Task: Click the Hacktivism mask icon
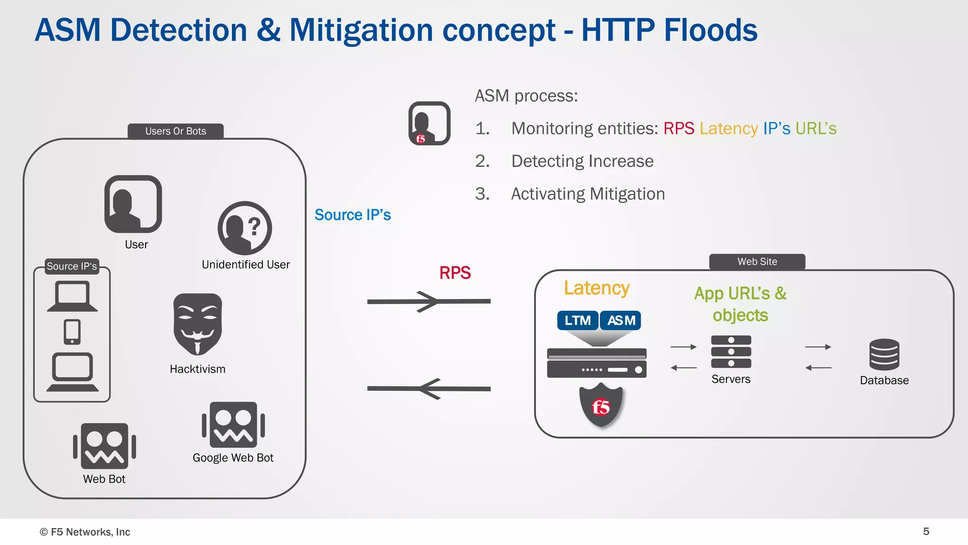point(198,324)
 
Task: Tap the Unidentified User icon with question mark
point(245,228)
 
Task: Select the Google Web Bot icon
point(233,425)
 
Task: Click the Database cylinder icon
point(884,354)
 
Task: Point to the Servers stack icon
point(731,352)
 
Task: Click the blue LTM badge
point(578,320)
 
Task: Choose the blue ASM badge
point(621,320)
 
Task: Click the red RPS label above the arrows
point(455,273)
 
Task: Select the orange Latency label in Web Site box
point(596,288)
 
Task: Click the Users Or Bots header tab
point(175,131)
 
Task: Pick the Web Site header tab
point(757,262)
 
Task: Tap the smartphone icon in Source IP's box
point(72,332)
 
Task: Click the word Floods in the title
point(710,30)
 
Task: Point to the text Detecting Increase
point(582,161)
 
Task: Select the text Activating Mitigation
point(588,194)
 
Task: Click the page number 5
point(926,531)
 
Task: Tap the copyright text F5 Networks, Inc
point(85,532)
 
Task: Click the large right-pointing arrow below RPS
point(428,301)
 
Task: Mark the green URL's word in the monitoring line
point(816,129)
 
